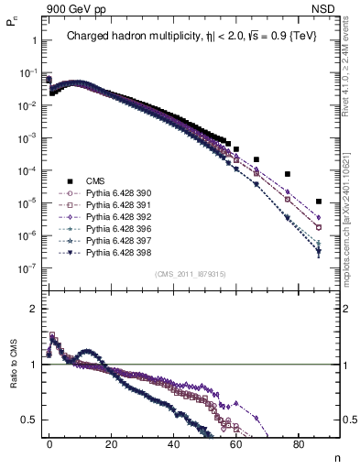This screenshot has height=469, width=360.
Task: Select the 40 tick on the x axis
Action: (174, 444)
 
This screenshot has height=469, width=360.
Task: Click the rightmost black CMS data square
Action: (318, 202)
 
